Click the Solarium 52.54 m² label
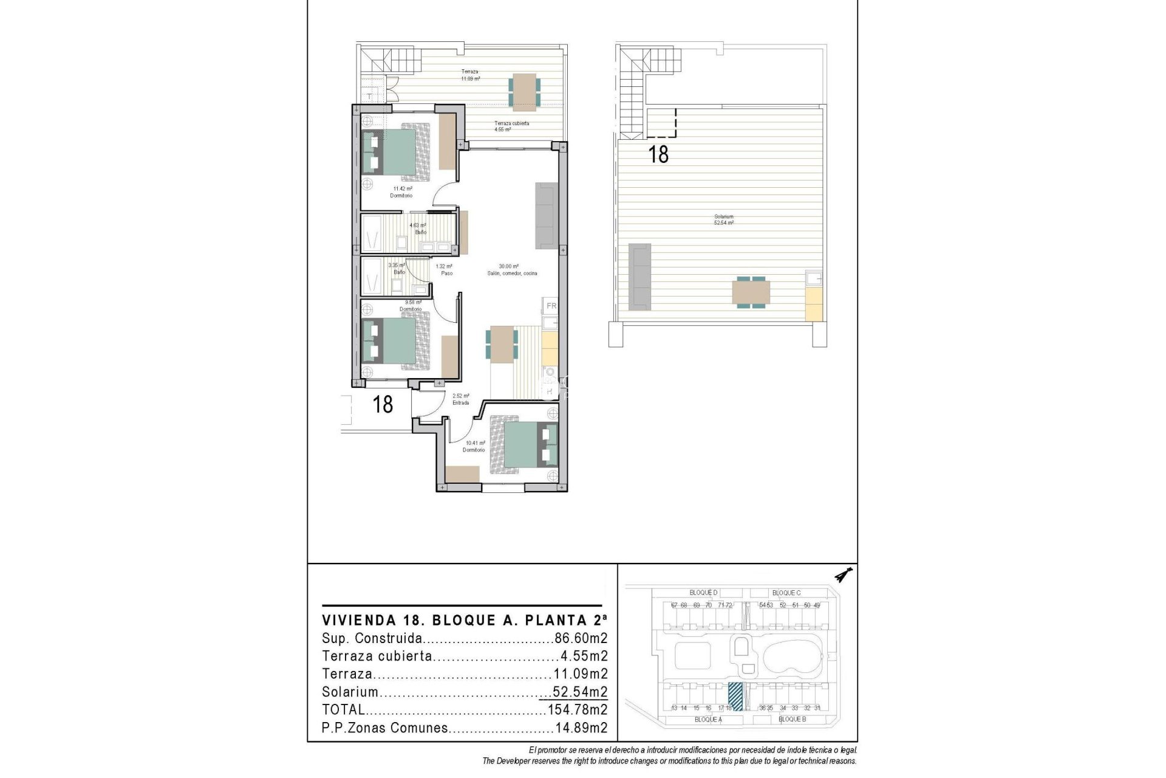[723, 220]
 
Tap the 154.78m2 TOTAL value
[577, 710]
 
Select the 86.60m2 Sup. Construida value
[581, 639]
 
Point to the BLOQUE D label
[703, 593]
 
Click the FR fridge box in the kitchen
[551, 306]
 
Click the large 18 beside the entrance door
[383, 404]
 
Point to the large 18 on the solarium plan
[658, 154]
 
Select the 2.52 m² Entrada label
[460, 399]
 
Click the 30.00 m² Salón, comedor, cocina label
[511, 270]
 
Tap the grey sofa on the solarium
[639, 275]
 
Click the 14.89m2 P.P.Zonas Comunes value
[581, 728]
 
